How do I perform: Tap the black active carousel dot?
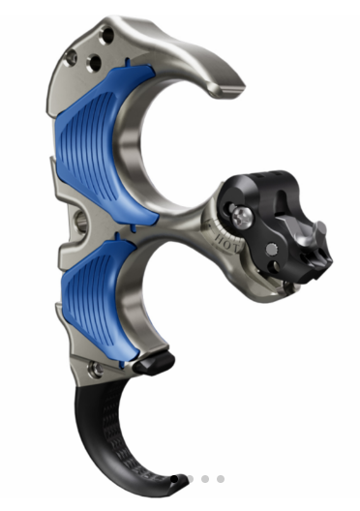tap(175, 478)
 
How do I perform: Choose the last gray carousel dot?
tap(221, 478)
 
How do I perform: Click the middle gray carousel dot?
tap(206, 478)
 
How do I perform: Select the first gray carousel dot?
tap(191, 478)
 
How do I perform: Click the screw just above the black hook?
tap(95, 370)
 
